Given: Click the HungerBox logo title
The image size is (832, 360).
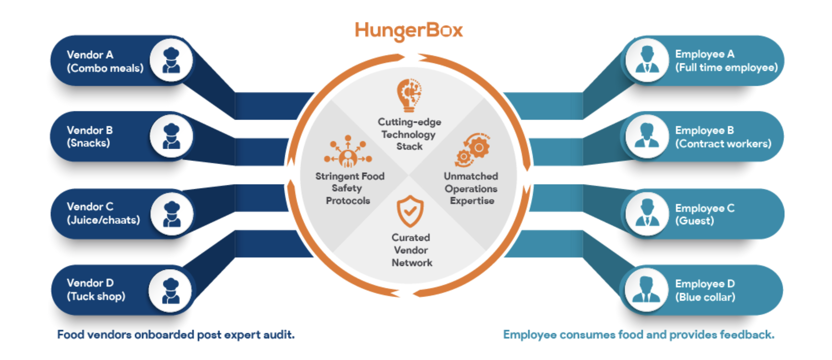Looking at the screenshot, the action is tap(409, 31).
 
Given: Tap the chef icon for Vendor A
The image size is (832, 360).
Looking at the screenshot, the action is tap(171, 60).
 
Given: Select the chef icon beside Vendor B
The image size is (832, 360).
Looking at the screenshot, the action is tap(171, 136).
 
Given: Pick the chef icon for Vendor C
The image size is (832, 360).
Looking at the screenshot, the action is tap(172, 214).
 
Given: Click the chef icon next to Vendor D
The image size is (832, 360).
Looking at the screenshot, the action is tap(171, 290).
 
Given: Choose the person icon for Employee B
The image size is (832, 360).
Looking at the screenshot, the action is tap(647, 136).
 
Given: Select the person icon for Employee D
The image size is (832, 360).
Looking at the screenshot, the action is tap(646, 290).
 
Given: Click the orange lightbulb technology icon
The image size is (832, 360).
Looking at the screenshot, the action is tap(409, 96).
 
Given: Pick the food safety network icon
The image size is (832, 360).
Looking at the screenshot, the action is tap(348, 152).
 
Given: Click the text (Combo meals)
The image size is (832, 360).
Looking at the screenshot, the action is tap(105, 68).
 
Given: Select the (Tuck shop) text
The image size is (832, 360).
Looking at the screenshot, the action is tap(96, 296).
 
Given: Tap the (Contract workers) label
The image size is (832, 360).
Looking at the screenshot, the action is tap(723, 144).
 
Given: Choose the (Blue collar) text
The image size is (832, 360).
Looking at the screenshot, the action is tap(705, 297).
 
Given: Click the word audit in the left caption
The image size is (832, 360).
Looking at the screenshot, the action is tap(279, 335).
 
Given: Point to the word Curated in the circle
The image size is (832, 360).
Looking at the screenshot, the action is tap(411, 238).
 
